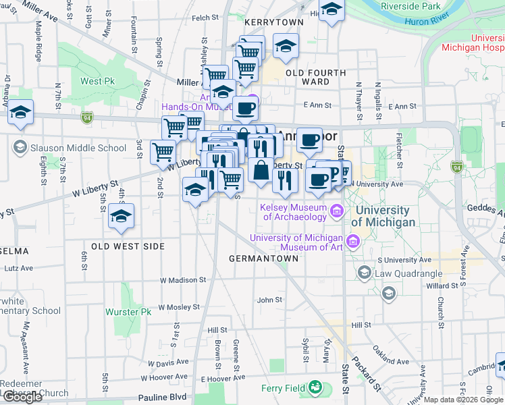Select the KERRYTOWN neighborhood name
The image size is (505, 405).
coord(274,22)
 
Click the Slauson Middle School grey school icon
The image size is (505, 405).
coord(20,147)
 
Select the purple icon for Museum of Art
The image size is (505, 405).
coord(352,242)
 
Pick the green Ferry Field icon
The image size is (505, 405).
coord(315,388)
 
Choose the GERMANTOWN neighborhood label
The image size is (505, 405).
coord(263,259)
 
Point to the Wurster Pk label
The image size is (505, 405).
coord(128,312)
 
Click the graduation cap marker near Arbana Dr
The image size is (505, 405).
coord(21,112)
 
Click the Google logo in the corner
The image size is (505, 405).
coord(22,397)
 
